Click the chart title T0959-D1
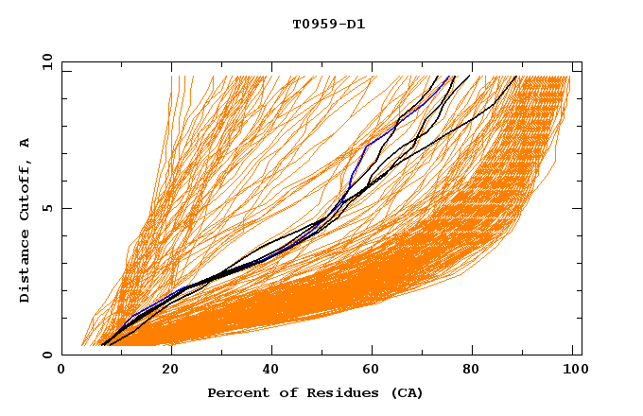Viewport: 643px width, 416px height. tap(328, 24)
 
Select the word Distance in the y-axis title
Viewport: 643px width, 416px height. tap(26, 269)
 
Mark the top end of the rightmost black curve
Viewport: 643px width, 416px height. tap(515, 77)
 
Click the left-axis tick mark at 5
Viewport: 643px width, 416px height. tap(65, 208)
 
